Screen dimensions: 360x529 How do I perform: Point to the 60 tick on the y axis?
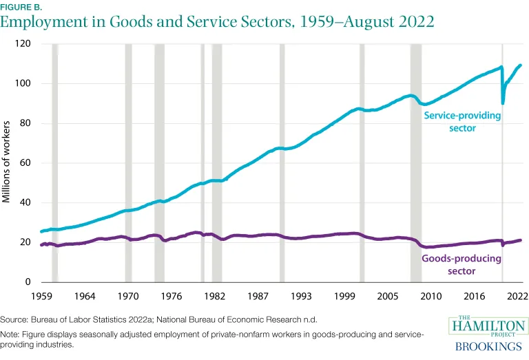pos(26,163)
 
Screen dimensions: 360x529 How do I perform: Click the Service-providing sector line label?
pos(462,122)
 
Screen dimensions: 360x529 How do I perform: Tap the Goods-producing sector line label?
pos(461,265)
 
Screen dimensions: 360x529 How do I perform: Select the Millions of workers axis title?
pos(7,162)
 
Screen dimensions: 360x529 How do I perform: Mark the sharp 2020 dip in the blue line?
pos(503,103)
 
